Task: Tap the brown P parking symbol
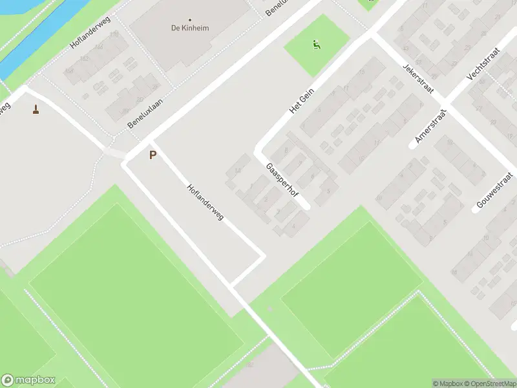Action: click(153, 155)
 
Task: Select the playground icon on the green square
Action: click(316, 45)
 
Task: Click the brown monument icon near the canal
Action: click(36, 110)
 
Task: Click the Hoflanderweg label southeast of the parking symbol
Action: click(205, 204)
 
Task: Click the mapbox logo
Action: click(28, 380)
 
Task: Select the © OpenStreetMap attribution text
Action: click(489, 383)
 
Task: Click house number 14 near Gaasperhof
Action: click(238, 171)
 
